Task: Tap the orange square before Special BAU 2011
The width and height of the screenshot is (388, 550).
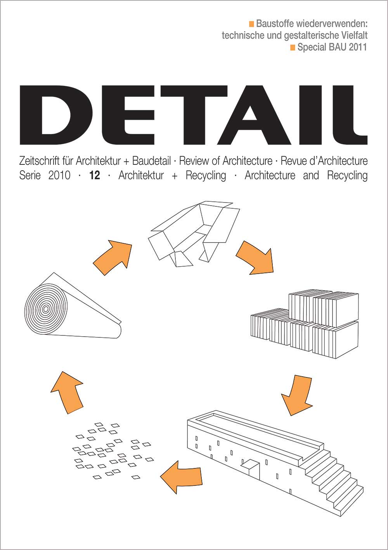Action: pos(293,47)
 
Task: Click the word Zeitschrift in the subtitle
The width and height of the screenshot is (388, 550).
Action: pos(39,161)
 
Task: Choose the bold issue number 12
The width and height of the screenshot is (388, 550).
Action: pos(95,176)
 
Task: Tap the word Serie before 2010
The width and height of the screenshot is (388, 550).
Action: pos(30,176)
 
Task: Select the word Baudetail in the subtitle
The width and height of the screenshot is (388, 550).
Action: pos(151,161)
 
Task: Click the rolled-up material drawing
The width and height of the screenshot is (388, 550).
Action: pos(73,306)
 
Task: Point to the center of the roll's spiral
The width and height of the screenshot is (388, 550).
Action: pos(45,309)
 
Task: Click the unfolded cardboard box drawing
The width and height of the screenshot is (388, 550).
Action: pos(194,234)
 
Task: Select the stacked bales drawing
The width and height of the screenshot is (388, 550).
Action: pos(305,324)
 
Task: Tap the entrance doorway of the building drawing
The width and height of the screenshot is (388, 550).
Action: pos(251,466)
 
